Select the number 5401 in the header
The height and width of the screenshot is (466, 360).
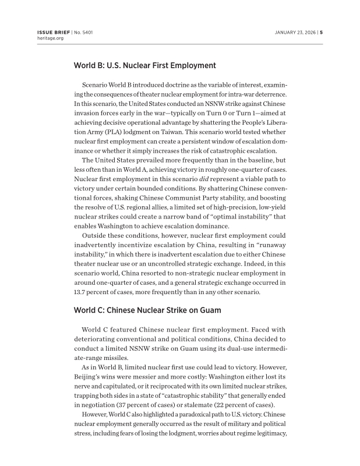click(86, 32)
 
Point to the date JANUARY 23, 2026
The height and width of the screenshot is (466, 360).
click(295, 32)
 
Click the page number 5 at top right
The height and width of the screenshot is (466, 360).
click(321, 32)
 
